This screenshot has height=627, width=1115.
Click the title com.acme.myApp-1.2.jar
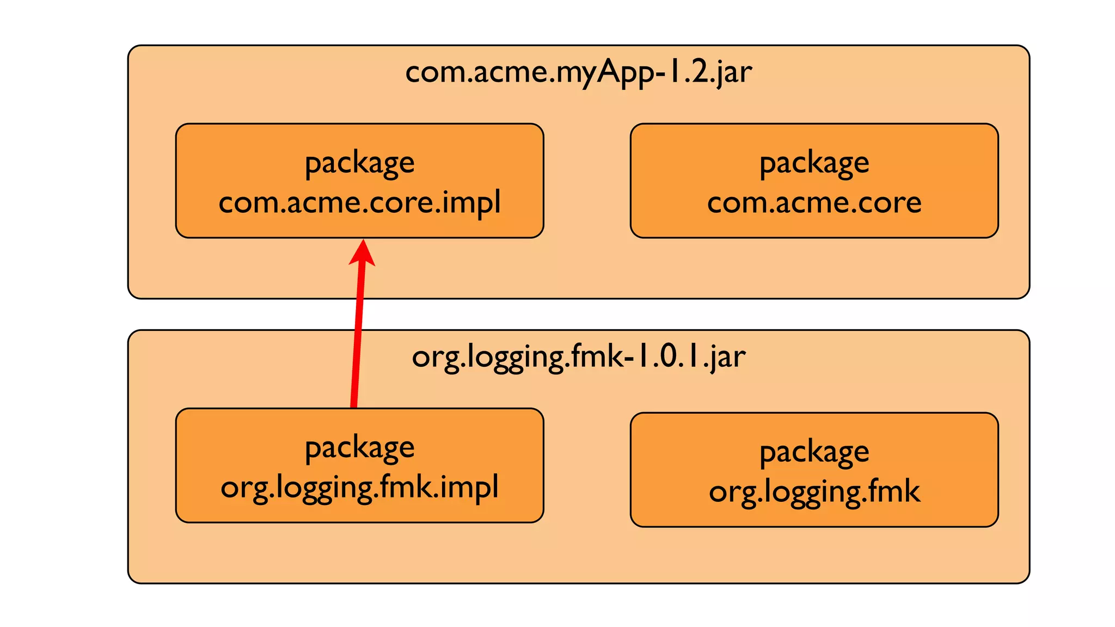[578, 72]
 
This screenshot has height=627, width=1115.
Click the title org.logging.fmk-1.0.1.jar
[578, 358]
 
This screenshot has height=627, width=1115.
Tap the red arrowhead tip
[363, 243]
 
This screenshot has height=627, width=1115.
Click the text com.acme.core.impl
[359, 203]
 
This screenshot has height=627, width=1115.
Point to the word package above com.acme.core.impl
[359, 163]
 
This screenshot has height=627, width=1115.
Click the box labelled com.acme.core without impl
[814, 181]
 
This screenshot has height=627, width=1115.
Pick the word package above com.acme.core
[814, 163]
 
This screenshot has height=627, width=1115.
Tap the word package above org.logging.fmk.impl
[359, 448]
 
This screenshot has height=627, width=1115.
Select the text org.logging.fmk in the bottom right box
[814, 492]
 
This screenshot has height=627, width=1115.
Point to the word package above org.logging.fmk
[814, 452]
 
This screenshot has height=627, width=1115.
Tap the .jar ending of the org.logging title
[726, 358]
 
